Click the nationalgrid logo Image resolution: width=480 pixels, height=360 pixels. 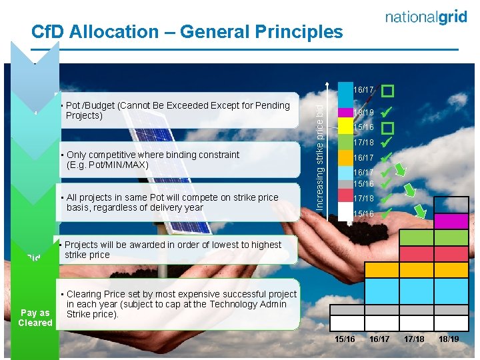pyautogui.click(x=426, y=18)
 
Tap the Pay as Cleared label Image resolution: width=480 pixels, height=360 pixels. pyautogui.click(x=35, y=317)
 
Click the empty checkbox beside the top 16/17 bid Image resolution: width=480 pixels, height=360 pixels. pyautogui.click(x=387, y=89)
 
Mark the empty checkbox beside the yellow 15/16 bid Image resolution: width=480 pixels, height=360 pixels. pyautogui.click(x=387, y=127)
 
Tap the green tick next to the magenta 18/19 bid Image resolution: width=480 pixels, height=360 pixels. pyautogui.click(x=387, y=112)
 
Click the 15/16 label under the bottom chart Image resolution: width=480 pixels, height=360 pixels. pyautogui.click(x=345, y=339)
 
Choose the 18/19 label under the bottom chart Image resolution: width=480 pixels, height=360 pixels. pyautogui.click(x=449, y=339)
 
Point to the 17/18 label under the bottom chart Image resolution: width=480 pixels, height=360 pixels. pyautogui.click(x=414, y=339)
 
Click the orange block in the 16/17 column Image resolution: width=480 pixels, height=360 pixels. pyautogui.click(x=381, y=269)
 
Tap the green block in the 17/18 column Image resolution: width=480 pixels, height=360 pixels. pyautogui.click(x=416, y=237)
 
